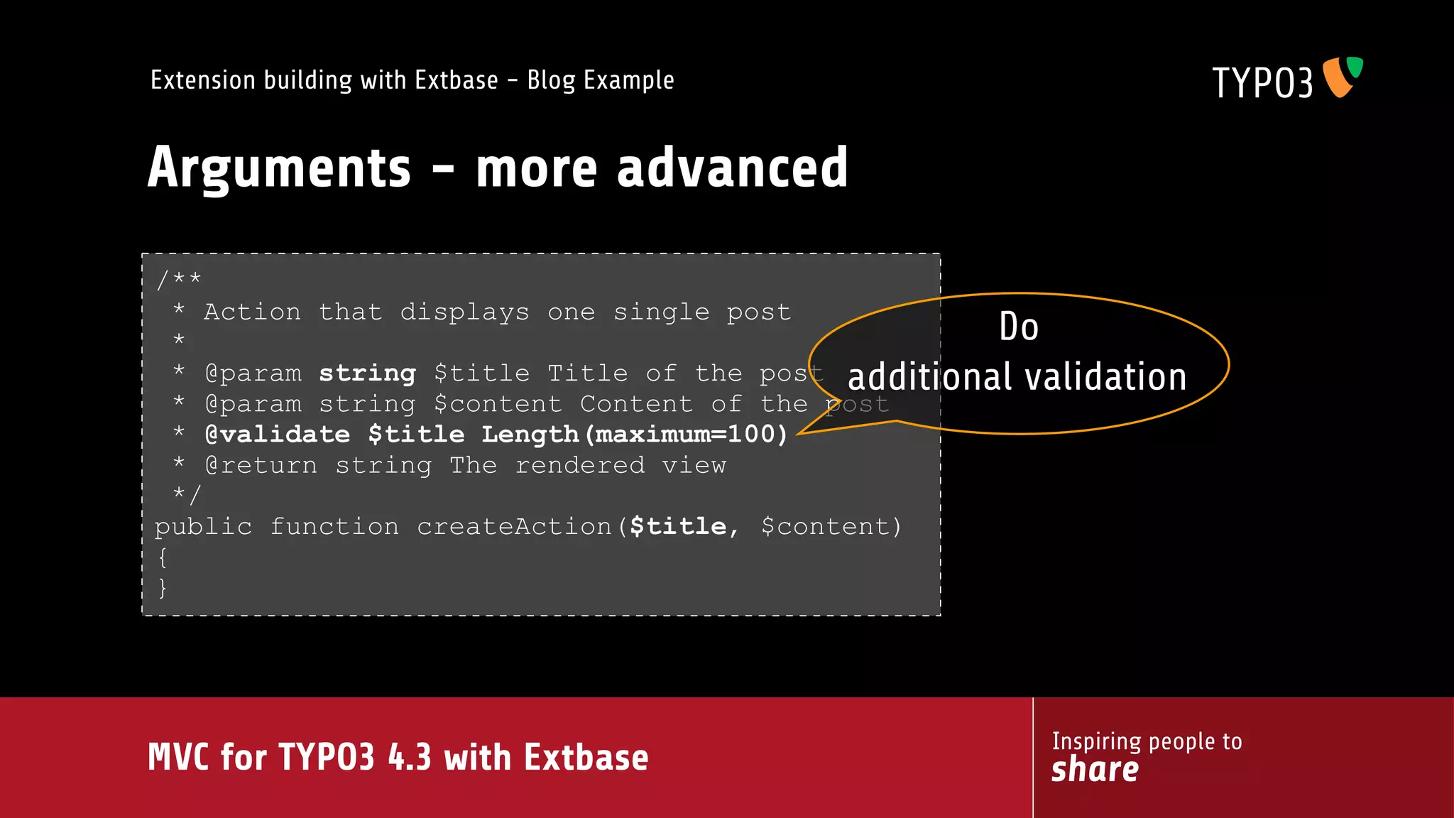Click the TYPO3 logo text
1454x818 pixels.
point(1262,82)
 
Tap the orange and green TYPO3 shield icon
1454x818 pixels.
point(1343,77)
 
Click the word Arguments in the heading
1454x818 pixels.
point(279,168)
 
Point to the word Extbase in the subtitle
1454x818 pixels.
point(456,80)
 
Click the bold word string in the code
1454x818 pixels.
point(367,373)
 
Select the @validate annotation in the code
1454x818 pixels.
point(278,435)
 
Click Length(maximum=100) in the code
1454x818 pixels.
point(635,435)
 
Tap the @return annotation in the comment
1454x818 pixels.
point(261,466)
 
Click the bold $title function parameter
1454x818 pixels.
point(679,527)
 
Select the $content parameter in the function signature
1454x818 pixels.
point(826,527)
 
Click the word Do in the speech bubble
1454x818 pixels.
point(1019,327)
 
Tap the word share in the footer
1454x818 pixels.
point(1095,770)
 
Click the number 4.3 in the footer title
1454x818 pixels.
point(410,757)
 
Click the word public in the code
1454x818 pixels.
point(203,527)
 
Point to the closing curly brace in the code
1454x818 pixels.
point(163,588)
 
